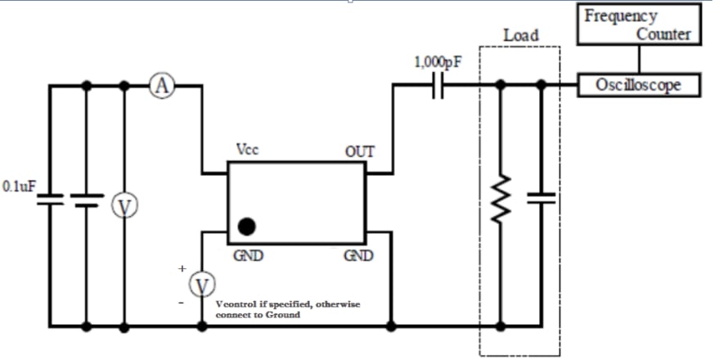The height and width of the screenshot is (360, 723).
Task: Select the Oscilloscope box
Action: click(x=639, y=85)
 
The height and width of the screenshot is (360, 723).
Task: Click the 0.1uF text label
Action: click(x=19, y=187)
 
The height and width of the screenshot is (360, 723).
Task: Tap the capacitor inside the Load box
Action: click(x=541, y=197)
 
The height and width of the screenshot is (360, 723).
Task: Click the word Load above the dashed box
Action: click(x=520, y=35)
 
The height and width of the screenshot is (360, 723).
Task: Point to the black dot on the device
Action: click(x=245, y=226)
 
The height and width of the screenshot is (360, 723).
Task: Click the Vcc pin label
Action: click(x=249, y=151)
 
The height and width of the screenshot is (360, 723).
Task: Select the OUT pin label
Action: click(x=359, y=151)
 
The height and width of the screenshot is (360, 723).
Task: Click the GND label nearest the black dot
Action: click(x=247, y=256)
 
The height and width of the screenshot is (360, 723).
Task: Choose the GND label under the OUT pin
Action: click(x=358, y=256)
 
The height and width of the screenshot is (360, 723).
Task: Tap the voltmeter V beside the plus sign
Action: click(x=201, y=285)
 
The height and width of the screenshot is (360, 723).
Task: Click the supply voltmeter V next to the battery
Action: click(x=124, y=207)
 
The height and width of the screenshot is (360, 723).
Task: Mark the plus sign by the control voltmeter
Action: click(x=183, y=268)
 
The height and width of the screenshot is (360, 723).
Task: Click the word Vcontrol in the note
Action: click(x=237, y=304)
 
